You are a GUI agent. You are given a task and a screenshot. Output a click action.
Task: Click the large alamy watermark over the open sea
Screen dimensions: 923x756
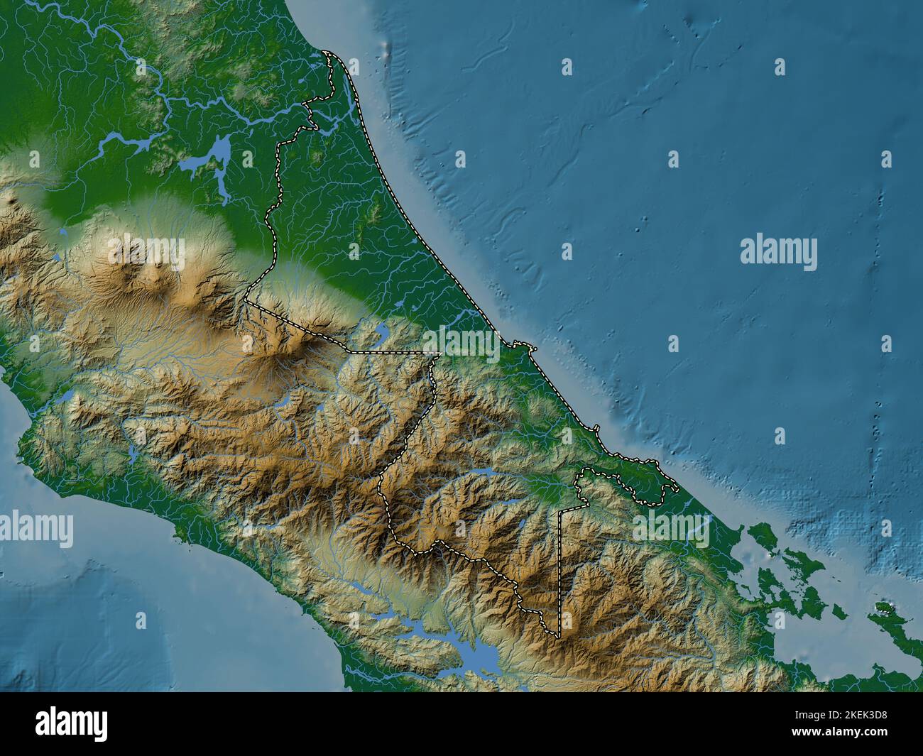(778, 253)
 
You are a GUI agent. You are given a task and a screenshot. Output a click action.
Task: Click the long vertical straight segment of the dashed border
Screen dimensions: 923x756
(559, 568)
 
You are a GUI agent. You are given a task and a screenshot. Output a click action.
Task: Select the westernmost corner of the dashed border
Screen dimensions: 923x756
(245, 301)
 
